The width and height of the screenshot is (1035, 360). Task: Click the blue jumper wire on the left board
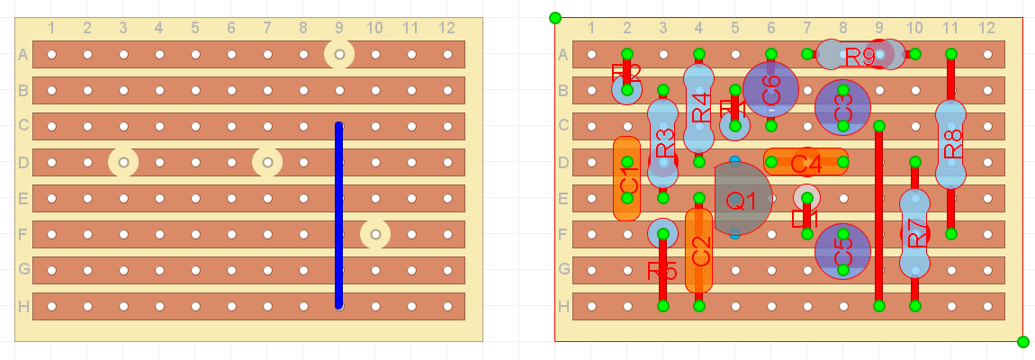tap(338, 216)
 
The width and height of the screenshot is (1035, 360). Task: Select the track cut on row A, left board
tap(339, 55)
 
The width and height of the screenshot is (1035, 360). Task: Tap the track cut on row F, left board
tap(375, 235)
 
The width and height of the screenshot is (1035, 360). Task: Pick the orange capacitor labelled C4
tap(805, 162)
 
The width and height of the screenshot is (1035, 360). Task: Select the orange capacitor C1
tap(626, 178)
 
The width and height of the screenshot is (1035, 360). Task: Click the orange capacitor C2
tap(698, 250)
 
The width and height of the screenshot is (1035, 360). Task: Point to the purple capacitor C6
tap(770, 90)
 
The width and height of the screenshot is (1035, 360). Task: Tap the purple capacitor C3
tap(842, 108)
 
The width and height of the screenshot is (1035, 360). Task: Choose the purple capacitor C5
tap(842, 252)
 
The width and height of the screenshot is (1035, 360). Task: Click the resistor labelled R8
tap(950, 144)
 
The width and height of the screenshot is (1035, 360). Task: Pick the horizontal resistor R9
tap(859, 55)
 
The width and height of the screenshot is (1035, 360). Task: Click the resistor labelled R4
tap(699, 108)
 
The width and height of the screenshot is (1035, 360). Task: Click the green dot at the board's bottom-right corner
tap(1022, 342)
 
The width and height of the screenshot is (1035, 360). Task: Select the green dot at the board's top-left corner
tap(555, 17)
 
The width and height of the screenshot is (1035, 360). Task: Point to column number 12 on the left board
tap(447, 28)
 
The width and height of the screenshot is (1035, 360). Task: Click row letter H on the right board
tap(562, 306)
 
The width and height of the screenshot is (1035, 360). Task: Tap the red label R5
tap(661, 269)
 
